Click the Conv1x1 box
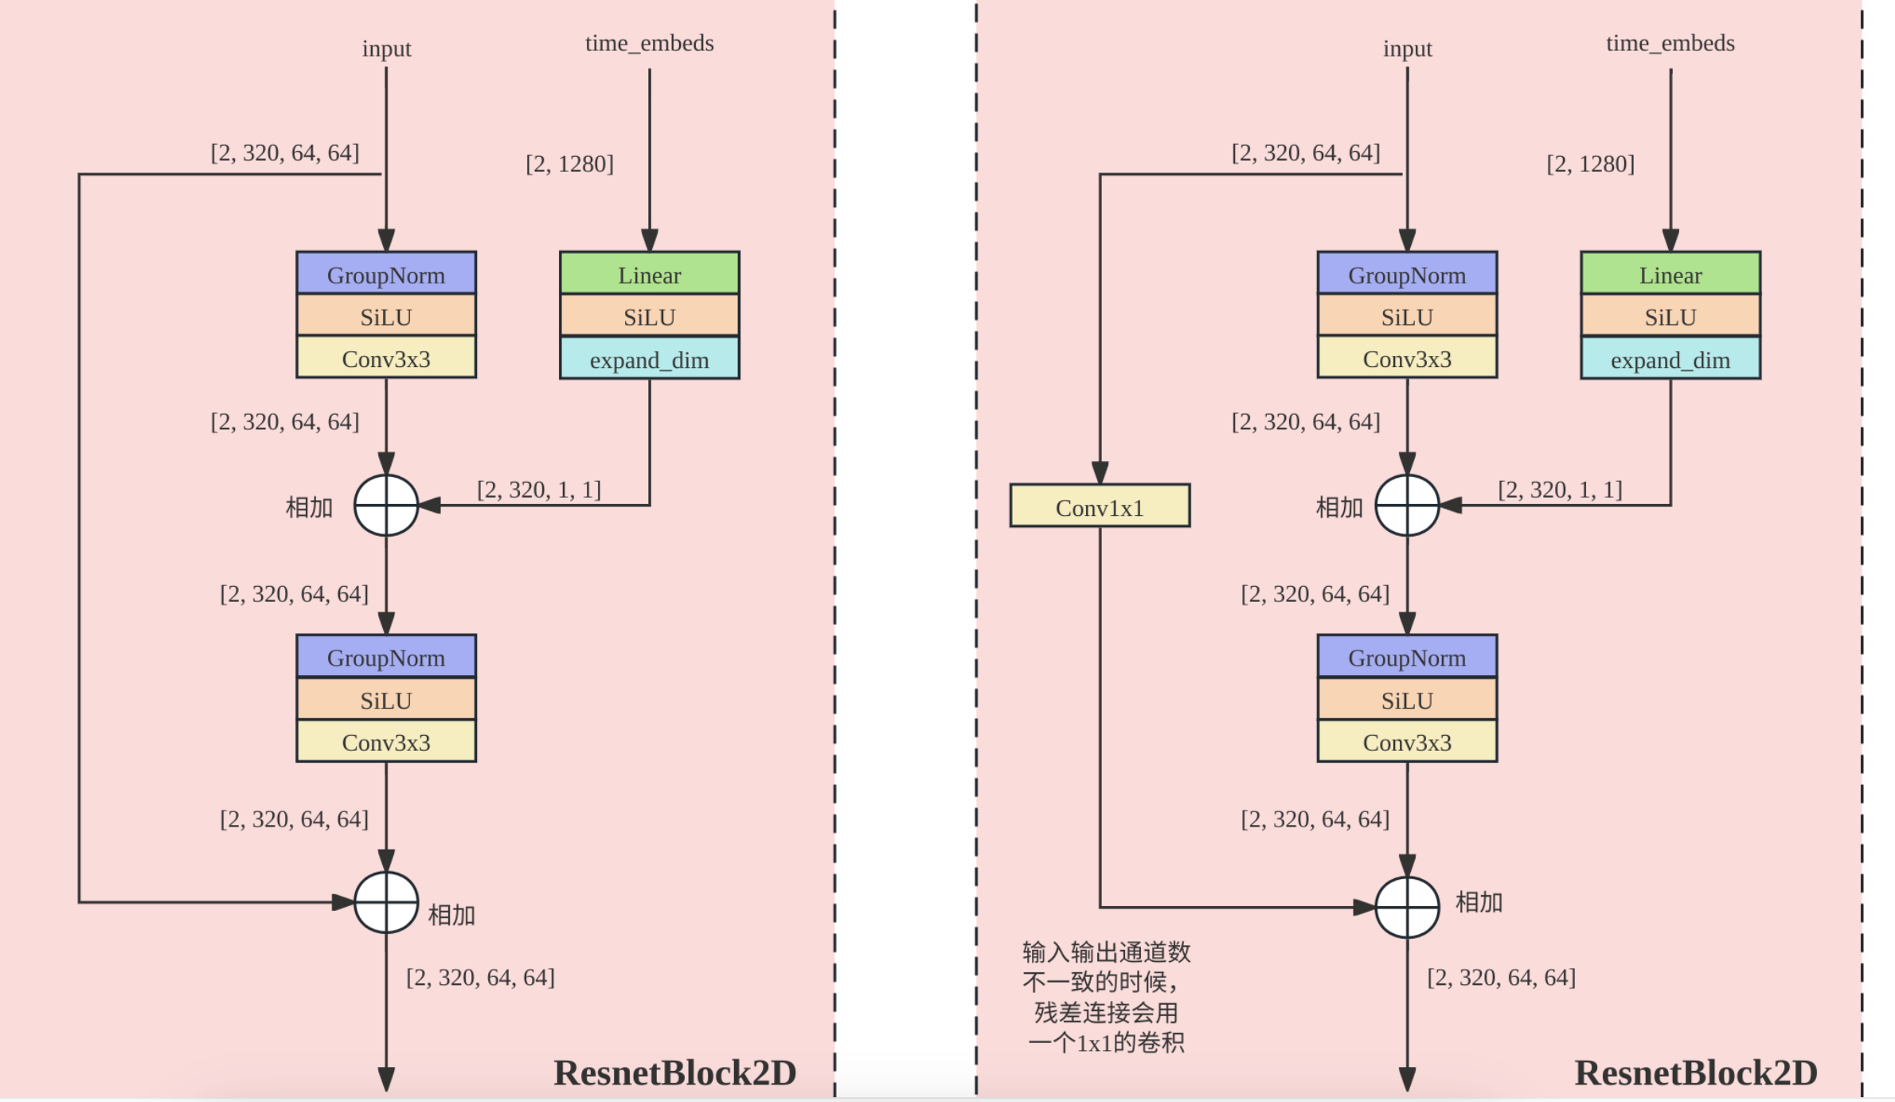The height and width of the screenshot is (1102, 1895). tap(1100, 506)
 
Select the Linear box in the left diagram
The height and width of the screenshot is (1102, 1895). tap(650, 273)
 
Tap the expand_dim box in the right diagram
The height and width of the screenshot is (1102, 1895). tap(1670, 358)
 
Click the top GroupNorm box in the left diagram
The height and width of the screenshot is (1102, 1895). tap(386, 273)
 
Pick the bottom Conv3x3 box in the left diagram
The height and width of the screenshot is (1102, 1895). tap(386, 741)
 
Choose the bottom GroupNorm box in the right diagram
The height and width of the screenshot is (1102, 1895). tap(1407, 656)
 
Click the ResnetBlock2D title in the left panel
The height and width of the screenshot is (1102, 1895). tap(675, 1073)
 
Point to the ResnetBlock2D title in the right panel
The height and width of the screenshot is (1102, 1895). tap(1696, 1073)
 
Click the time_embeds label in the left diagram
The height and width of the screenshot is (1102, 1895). tap(650, 43)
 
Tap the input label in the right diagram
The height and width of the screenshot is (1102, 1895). tap(1407, 49)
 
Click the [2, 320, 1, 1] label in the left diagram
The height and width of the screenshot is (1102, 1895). tap(539, 489)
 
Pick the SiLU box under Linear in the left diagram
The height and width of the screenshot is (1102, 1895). tap(650, 315)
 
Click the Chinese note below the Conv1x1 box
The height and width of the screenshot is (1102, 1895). tap(1106, 997)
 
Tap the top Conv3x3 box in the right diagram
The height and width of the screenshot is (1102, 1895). tap(1407, 358)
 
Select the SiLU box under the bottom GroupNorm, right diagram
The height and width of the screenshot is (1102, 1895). tap(1407, 699)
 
